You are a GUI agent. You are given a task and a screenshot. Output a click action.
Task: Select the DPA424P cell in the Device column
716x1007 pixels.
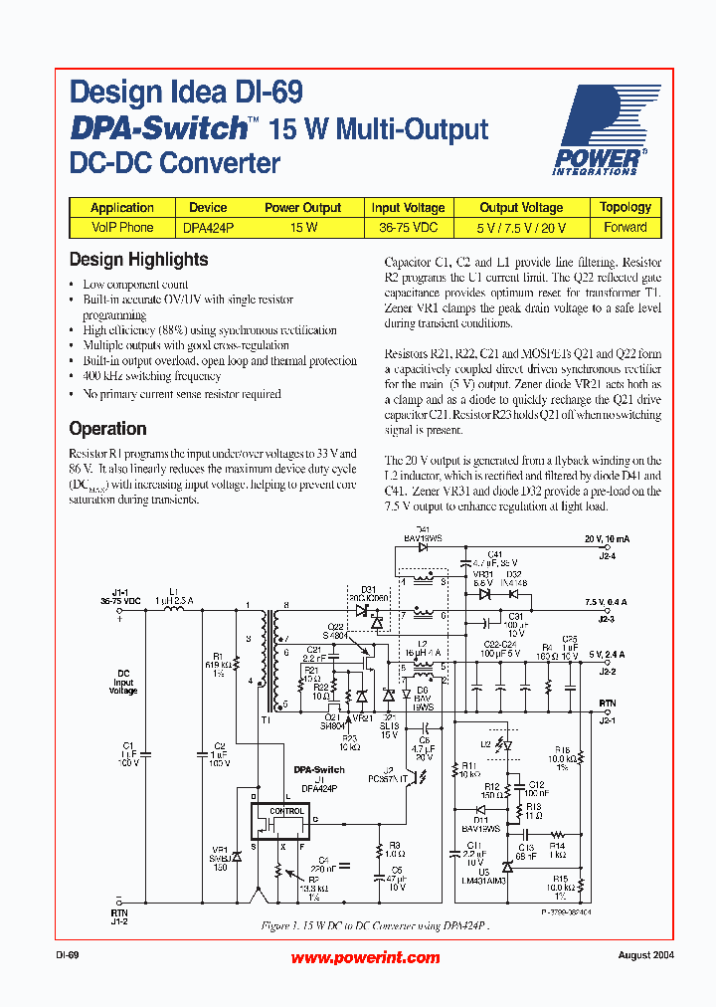coord(208,227)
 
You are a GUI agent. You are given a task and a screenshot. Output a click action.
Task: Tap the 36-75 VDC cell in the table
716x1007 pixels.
coord(408,227)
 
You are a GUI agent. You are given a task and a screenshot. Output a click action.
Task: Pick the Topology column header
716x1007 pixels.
coord(626,207)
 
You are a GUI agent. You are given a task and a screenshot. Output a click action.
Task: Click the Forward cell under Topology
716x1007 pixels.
coord(626,227)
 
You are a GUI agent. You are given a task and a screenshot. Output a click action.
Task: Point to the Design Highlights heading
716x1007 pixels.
coord(138,260)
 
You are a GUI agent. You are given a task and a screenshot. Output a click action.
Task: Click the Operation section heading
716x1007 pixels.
coord(107,429)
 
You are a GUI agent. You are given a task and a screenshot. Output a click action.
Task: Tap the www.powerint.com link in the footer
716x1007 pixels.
coord(365,957)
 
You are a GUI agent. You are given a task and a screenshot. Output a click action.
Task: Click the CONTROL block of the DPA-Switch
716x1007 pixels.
coord(287,811)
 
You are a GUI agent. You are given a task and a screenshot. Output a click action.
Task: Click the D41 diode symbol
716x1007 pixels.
coord(422,546)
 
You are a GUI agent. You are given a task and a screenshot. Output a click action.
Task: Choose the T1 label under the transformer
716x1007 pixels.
coord(265,718)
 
